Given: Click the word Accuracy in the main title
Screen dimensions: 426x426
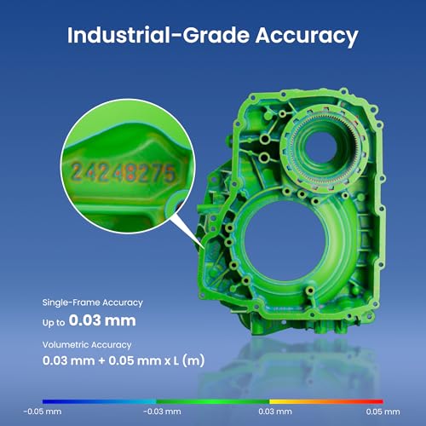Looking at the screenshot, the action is coord(307,37).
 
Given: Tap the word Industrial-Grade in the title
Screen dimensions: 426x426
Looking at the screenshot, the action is coord(158,35).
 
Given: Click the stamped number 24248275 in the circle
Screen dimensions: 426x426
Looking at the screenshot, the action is coord(123,172).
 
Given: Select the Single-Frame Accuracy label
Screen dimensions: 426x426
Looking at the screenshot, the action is coord(93,302).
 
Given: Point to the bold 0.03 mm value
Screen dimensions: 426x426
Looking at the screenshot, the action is coord(102,320).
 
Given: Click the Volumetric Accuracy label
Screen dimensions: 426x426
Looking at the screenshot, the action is coord(87,345).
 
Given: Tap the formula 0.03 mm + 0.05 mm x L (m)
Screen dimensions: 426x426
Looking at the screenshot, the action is coord(124,360).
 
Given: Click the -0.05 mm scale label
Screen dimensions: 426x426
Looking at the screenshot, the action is coord(43,412).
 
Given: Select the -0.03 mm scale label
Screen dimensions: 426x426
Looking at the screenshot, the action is coord(162,412).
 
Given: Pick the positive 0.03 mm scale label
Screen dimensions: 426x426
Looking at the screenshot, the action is coord(275,412).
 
